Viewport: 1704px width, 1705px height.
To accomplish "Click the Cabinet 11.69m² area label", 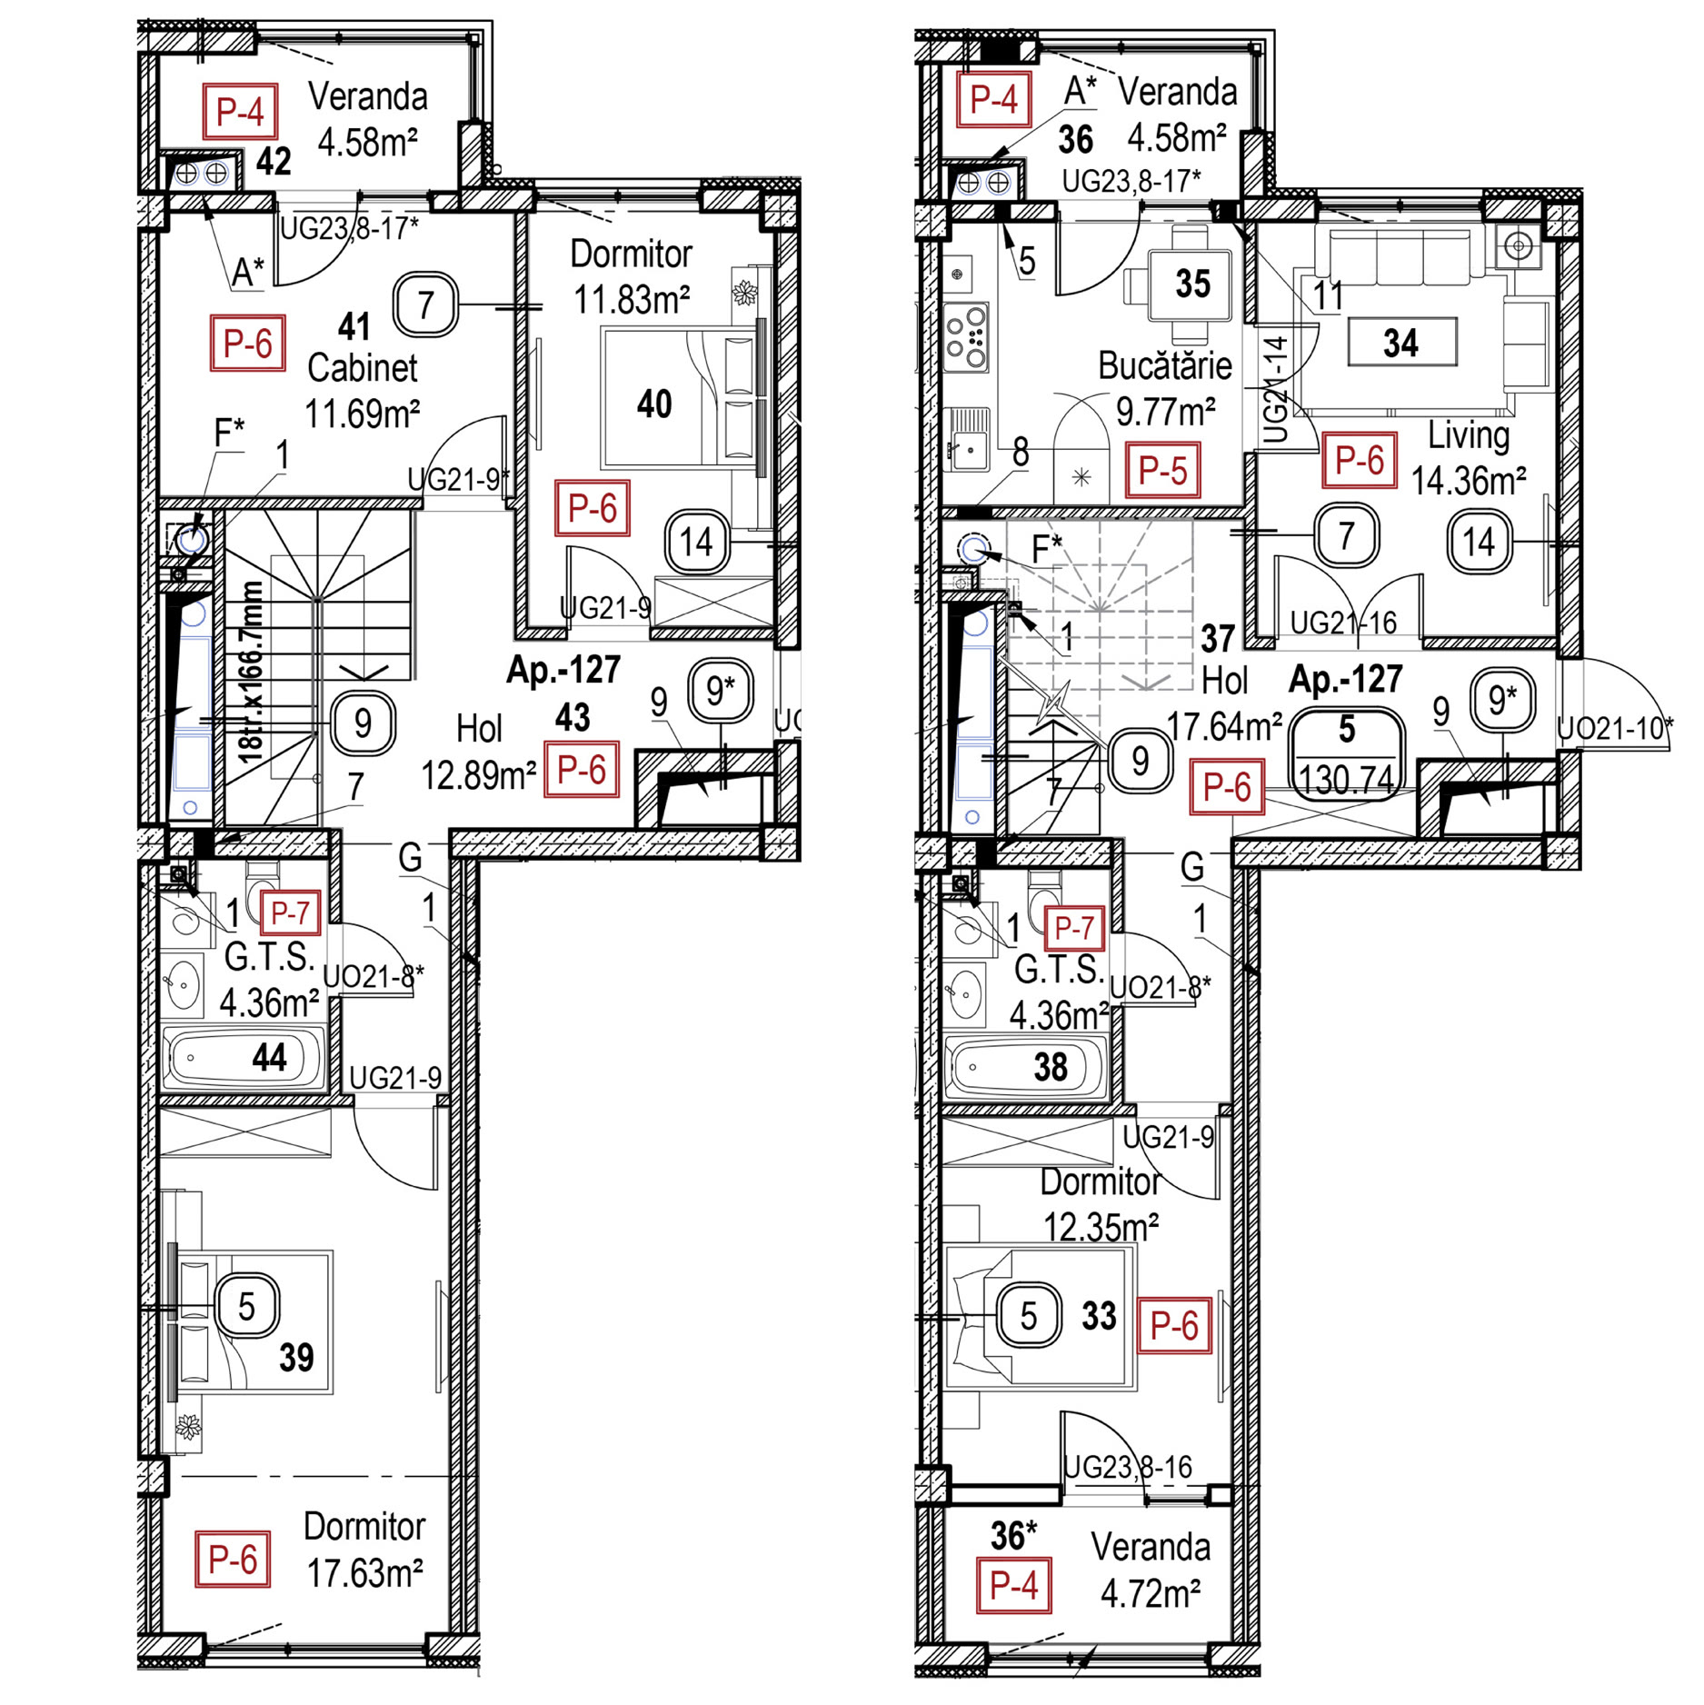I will click(x=362, y=414).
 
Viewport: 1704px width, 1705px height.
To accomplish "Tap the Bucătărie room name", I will click(x=1164, y=366).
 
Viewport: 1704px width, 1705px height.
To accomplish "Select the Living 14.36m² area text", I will click(x=1468, y=480).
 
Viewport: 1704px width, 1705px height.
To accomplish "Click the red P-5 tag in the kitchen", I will click(x=1162, y=470).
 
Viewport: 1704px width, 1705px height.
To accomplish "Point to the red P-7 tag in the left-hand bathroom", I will click(x=291, y=912).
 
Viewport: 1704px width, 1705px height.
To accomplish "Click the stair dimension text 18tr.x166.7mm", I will click(x=250, y=671).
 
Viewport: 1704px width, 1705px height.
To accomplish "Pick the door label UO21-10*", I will click(x=1615, y=728).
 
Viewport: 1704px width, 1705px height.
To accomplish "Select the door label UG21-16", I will click(x=1343, y=623).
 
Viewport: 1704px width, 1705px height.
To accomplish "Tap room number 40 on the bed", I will click(x=654, y=404).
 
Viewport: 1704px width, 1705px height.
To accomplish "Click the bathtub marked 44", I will click(x=245, y=1058).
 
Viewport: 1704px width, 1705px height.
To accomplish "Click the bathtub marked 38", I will click(x=1027, y=1067).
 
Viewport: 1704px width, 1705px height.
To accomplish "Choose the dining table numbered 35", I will click(x=1191, y=284).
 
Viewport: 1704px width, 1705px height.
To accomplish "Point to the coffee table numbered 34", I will click(x=1401, y=343).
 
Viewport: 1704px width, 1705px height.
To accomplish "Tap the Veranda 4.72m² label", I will click(x=1151, y=1593).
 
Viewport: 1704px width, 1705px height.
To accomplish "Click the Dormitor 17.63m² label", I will click(x=364, y=1573).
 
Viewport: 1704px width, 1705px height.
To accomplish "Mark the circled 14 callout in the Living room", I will click(x=1479, y=543).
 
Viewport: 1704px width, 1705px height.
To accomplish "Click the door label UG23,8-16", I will click(x=1127, y=1467).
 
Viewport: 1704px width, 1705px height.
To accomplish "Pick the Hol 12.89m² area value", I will click(x=478, y=776).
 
